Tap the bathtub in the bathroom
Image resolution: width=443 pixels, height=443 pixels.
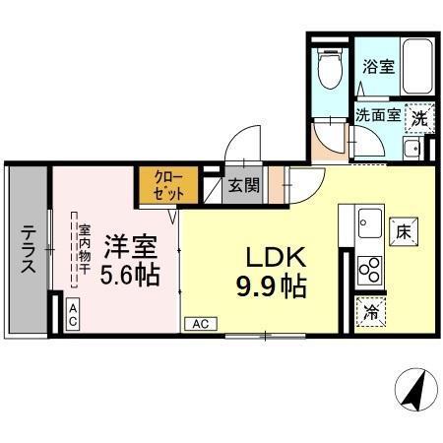coord(411,68)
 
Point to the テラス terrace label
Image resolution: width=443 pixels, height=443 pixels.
coord(27,250)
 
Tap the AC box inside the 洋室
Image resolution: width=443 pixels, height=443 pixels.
coord(73,314)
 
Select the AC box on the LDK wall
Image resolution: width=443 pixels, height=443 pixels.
coord(200,323)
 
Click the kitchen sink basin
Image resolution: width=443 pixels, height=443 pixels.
coord(370,221)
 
